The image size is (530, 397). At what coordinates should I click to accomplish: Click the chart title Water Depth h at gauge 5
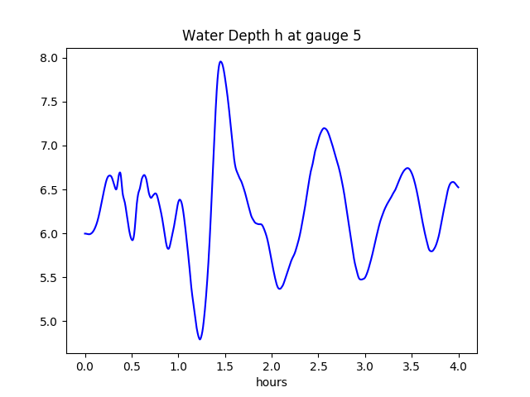(272, 36)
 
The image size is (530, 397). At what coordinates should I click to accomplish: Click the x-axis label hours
(272, 382)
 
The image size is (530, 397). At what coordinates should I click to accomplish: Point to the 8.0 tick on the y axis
(49, 58)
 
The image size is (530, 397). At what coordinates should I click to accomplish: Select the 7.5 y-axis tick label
(49, 102)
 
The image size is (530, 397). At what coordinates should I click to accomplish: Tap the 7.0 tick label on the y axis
(49, 146)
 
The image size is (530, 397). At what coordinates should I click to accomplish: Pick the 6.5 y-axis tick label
(49, 189)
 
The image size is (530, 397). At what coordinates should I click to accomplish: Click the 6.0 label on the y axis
(49, 233)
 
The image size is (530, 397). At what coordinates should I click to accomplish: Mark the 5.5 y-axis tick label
(49, 277)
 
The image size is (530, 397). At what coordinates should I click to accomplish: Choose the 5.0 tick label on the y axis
(49, 321)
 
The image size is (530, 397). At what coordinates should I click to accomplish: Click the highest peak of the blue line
(220, 61)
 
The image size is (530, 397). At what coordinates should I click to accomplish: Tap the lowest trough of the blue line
(200, 339)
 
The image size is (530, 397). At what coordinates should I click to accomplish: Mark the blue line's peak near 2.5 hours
(325, 128)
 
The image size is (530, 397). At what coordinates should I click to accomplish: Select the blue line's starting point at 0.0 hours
(84, 233)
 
